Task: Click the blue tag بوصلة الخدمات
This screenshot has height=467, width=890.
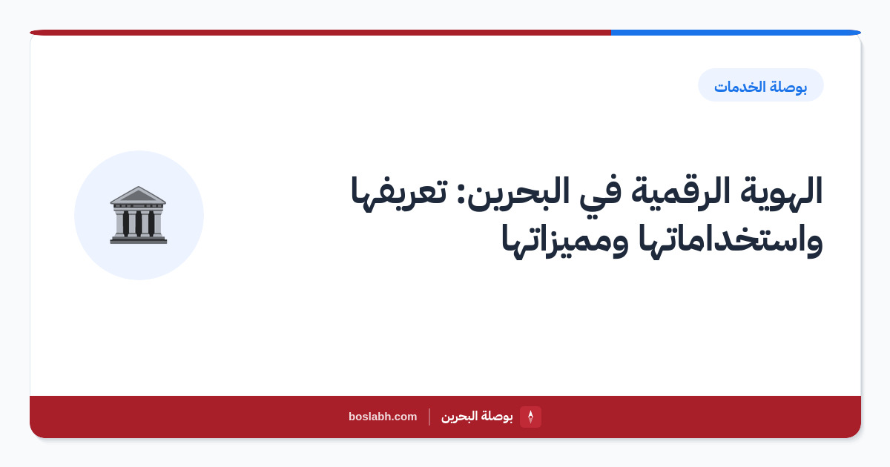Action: pos(760,85)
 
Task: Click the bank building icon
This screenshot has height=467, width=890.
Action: pos(138,215)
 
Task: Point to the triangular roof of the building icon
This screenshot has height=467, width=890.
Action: pos(138,195)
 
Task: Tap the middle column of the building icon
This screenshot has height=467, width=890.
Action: pos(138,224)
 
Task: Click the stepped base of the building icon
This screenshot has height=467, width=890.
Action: pos(138,239)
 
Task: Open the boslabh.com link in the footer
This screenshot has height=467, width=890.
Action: pos(383,417)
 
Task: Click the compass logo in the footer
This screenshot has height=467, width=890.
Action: pos(530,417)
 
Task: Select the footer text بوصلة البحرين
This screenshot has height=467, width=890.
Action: pos(477,417)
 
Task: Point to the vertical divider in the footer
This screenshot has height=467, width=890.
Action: pos(429,417)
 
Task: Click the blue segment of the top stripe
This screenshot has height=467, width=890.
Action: pos(736,33)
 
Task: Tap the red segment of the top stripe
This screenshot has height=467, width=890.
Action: pos(320,33)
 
